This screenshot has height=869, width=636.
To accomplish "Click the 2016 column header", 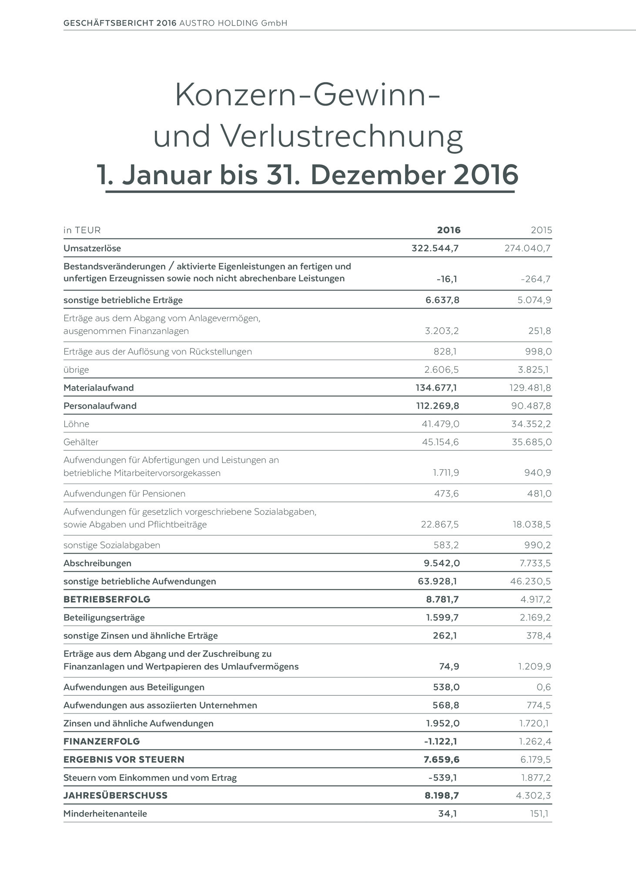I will tap(449, 230).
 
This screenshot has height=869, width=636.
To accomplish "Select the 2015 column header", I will tap(541, 230).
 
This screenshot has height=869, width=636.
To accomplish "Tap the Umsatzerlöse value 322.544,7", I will tap(435, 248).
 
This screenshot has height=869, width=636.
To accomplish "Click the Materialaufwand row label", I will tap(99, 388).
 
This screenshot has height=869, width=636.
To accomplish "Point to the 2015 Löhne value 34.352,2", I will tap(531, 424).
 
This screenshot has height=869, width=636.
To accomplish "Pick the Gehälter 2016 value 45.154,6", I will tap(440, 442).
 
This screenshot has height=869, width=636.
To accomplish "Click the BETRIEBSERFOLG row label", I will tap(107, 599).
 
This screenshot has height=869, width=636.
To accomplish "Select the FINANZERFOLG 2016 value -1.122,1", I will tap(441, 741).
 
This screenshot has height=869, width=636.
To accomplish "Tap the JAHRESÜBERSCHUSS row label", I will tap(115, 795).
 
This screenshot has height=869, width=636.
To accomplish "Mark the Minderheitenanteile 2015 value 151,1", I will tap(539, 813).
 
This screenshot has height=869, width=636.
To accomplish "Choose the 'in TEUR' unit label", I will tap(82, 230).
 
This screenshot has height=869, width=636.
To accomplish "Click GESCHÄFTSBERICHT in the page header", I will tap(109, 23).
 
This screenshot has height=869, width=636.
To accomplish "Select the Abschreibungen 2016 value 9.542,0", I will tap(442, 563).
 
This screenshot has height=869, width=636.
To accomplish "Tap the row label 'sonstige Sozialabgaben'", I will tap(112, 545).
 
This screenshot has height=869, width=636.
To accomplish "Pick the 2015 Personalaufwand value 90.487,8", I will tap(530, 406).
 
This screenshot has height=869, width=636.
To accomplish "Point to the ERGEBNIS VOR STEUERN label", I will tap(124, 759).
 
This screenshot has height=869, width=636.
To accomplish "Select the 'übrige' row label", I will tap(76, 370).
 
